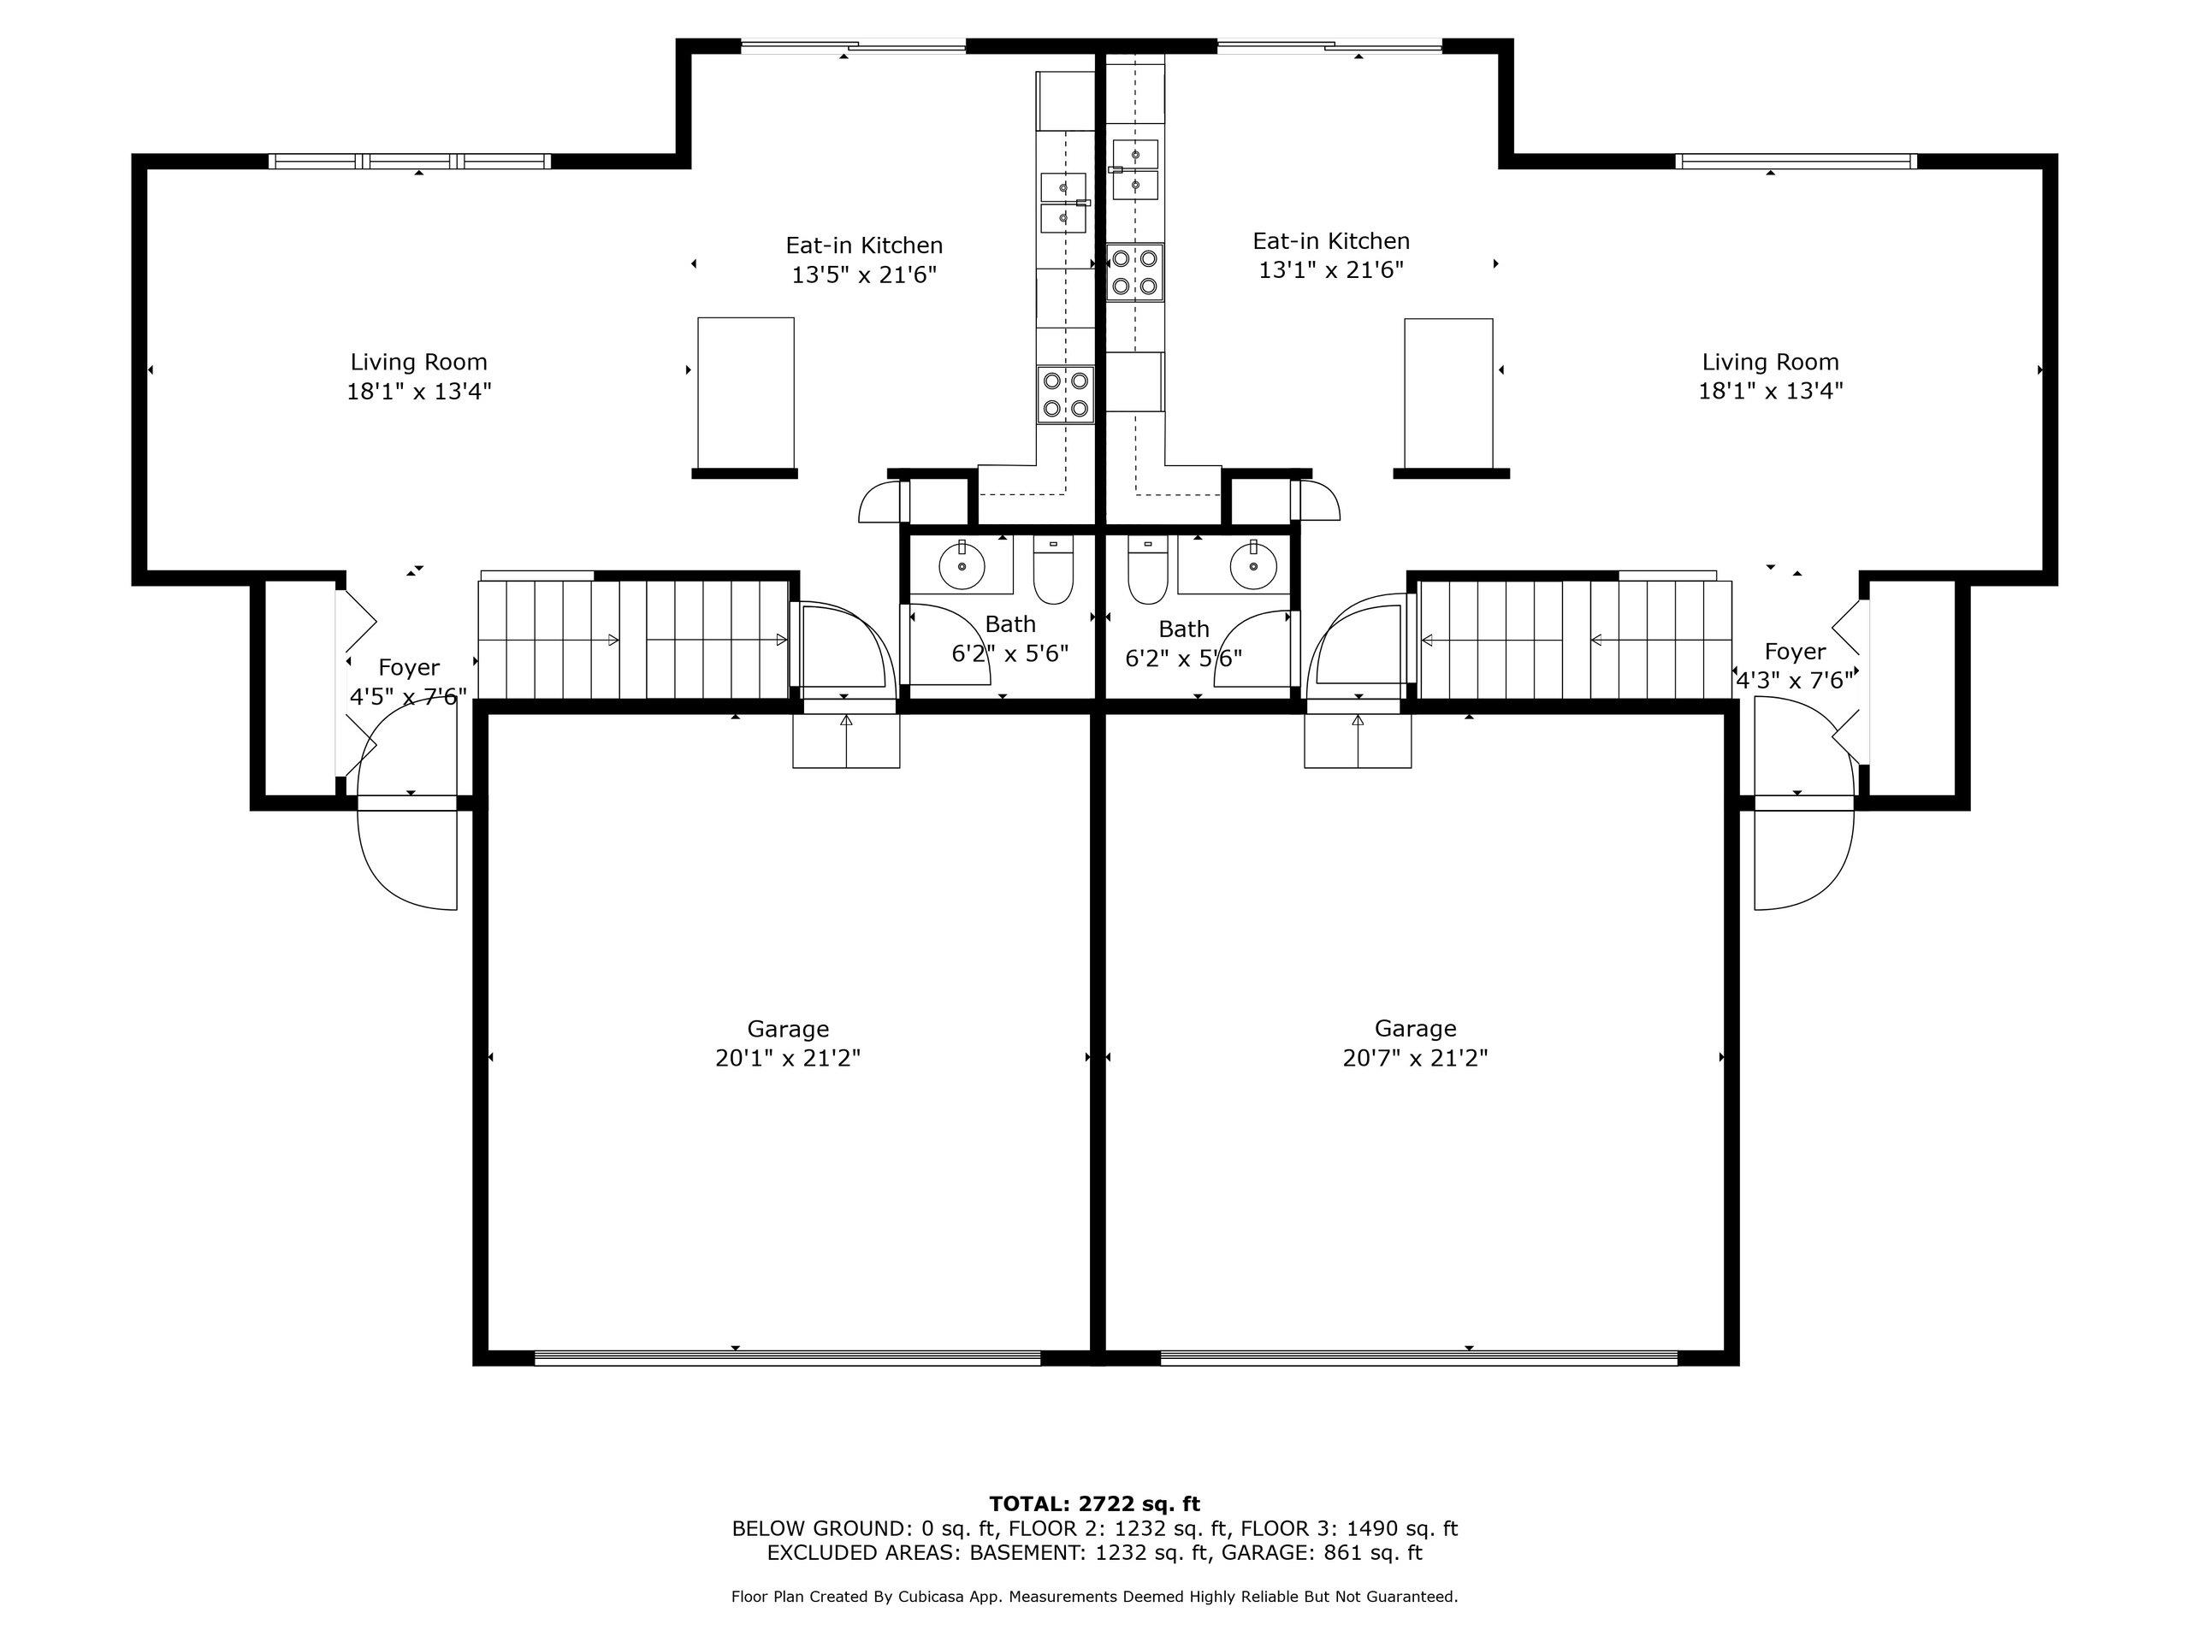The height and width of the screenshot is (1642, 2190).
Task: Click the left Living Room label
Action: click(x=419, y=363)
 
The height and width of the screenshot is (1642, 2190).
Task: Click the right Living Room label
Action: click(x=1770, y=363)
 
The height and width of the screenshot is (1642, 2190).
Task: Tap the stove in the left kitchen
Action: click(x=1065, y=394)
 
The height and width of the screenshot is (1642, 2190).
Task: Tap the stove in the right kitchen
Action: click(x=1134, y=272)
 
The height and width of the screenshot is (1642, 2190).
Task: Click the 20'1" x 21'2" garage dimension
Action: click(x=788, y=1058)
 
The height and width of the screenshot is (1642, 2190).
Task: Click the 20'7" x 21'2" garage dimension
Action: click(x=1416, y=1058)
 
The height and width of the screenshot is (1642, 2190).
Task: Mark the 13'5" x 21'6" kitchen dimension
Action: click(x=863, y=275)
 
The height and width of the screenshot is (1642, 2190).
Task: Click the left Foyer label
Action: click(x=409, y=668)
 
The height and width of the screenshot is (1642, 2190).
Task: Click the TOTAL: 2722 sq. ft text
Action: click(x=1095, y=1504)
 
